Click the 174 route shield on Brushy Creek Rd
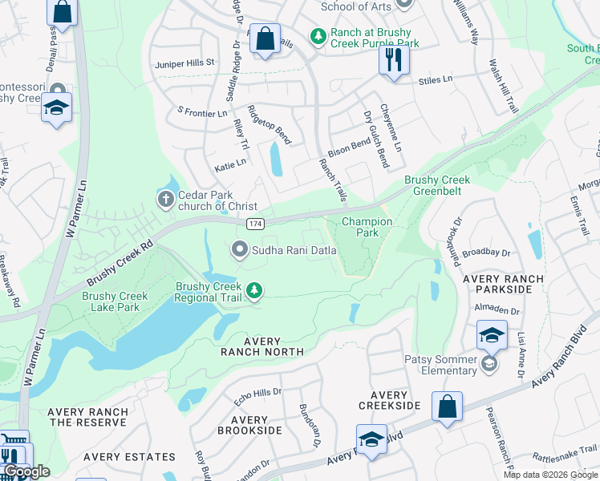254,224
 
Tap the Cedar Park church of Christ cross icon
165,198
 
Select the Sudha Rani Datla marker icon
239,250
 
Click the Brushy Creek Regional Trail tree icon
254,290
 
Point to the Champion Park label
367,227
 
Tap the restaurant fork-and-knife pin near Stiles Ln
393,60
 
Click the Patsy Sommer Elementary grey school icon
488,365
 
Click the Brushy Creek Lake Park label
115,301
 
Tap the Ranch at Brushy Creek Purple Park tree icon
318,36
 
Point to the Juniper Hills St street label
184,62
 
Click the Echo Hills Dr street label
257,392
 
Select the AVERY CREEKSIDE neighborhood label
389,401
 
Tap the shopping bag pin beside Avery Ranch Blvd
447,406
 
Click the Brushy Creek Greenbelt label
437,186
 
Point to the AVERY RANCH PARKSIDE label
503,285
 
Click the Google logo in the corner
26,471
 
